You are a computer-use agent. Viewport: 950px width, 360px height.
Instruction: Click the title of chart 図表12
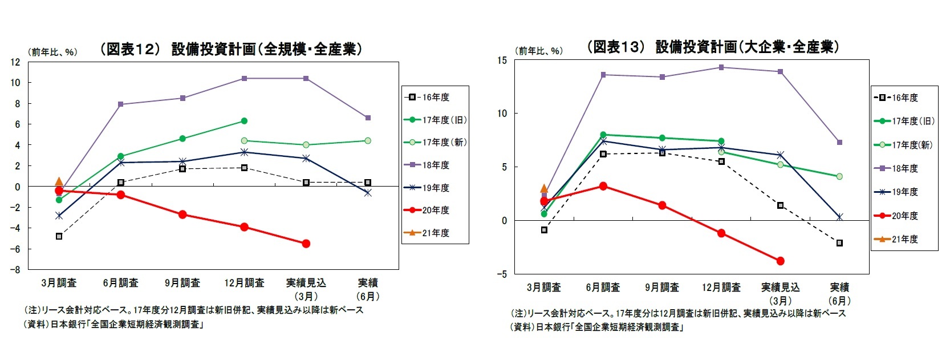pos(231,49)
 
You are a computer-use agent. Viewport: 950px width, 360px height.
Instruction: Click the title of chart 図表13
pos(713,47)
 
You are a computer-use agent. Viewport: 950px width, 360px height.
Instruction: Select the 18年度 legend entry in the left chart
pos(435,165)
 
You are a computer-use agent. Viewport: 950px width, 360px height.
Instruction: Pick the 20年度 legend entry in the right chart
pos(904,216)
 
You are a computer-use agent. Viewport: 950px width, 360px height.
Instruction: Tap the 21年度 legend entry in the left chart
pos(435,233)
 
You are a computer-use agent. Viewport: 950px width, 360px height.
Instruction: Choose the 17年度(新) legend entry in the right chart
pos(911,145)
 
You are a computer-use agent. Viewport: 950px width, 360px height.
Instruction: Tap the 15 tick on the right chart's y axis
pos(501,60)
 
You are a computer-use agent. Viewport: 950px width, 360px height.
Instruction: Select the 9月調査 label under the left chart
pos(182,283)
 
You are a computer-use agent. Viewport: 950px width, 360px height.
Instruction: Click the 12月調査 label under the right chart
pos(721,287)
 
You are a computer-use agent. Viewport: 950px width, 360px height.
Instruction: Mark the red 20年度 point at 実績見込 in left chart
pos(306,244)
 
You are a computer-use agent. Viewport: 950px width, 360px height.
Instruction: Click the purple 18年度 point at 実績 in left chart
pos(368,118)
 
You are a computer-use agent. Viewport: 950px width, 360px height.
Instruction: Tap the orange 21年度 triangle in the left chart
pos(59,181)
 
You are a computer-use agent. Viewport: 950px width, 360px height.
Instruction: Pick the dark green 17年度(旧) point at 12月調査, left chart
pos(244,121)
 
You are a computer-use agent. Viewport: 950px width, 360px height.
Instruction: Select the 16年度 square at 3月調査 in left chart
pos(59,236)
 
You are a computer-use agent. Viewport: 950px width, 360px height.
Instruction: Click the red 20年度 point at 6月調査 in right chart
pos(603,186)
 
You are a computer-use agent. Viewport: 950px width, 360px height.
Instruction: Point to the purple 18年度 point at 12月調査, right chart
pos(721,67)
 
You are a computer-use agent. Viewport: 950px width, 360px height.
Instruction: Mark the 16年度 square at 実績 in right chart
pos(839,243)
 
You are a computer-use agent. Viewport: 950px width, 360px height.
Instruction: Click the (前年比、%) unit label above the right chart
pos(539,51)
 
